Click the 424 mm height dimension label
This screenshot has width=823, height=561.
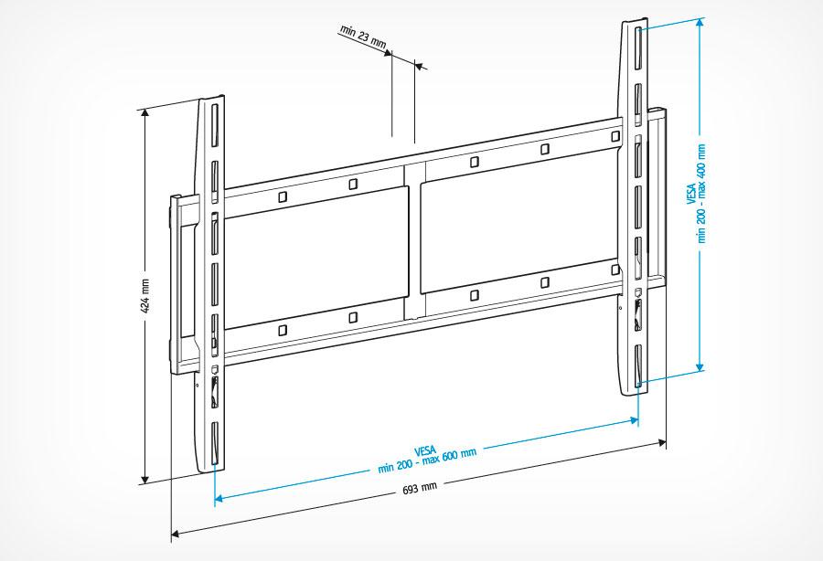145,296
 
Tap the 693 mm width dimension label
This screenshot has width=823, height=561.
420,488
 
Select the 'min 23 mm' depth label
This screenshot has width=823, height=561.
363,37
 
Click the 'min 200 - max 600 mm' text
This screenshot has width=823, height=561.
427,461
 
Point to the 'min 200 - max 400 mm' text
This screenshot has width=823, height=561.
701,194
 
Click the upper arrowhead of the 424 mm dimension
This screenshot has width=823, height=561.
145,114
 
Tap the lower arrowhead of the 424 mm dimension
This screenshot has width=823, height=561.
145,479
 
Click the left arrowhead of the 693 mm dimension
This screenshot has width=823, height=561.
176,534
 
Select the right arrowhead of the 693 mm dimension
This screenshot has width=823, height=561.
662,443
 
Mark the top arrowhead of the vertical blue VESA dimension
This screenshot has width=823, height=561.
700,24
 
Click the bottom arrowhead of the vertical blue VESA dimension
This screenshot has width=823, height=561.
700,366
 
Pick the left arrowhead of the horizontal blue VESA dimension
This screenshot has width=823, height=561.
219,498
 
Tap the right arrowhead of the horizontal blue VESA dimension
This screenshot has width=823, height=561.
634,420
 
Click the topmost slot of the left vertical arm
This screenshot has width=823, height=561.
214,126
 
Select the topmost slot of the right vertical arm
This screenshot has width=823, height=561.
638,48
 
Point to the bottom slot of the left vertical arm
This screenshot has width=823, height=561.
214,443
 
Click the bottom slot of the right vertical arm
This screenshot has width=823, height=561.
638,366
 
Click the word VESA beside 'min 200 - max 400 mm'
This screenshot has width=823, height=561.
691,193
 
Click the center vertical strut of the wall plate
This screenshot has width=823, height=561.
414,241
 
